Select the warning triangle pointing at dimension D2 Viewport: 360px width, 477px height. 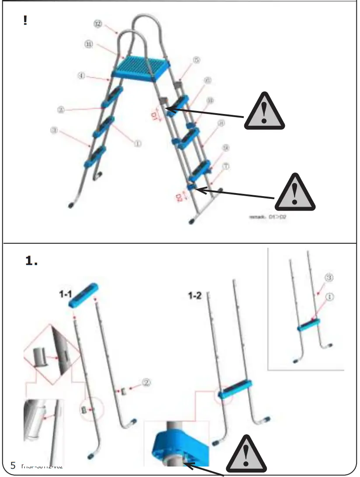coord(295,193)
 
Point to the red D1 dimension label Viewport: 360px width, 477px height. coord(154,115)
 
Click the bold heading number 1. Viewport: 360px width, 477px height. coord(31,261)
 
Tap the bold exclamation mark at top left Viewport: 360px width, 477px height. coord(25,21)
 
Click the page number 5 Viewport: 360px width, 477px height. coord(13,466)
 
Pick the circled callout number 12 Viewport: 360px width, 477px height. coord(98,24)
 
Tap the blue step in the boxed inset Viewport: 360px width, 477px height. coord(309,324)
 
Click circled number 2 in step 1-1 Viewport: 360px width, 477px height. coord(147,382)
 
